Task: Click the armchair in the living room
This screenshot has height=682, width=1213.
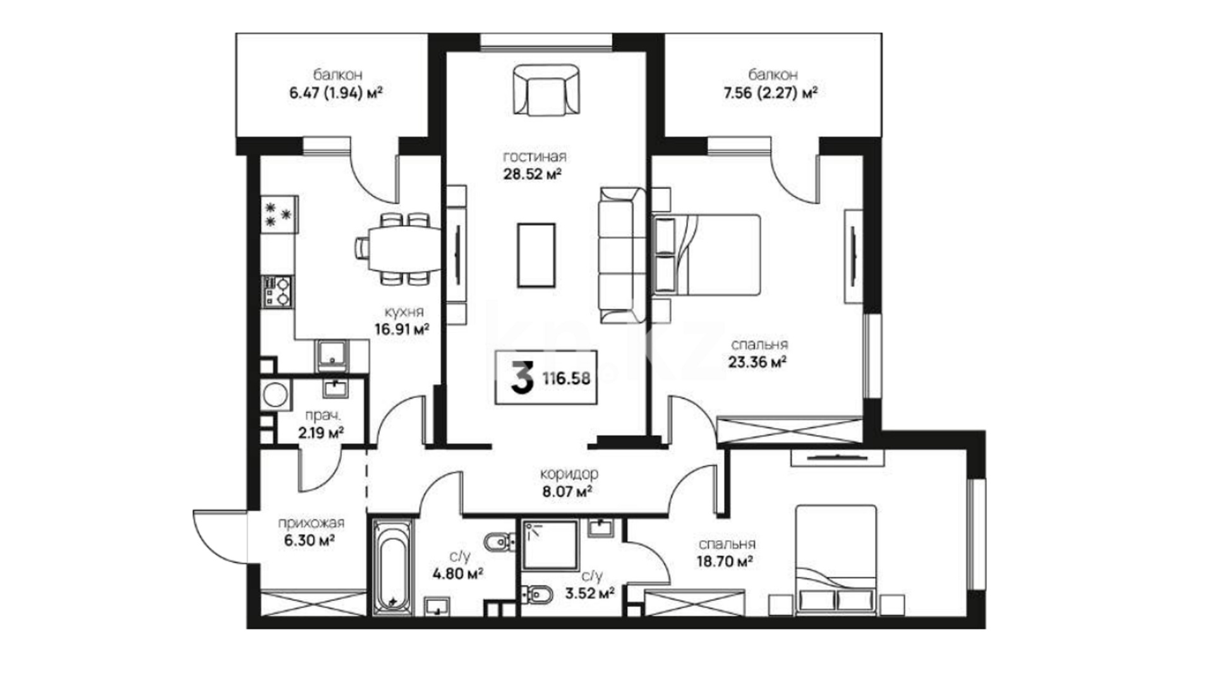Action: pos(546,90)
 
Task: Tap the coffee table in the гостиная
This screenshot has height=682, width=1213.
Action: pos(536,255)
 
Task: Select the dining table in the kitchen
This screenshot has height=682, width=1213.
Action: pos(398,248)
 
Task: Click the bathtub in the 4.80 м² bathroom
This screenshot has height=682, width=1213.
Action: pos(392,566)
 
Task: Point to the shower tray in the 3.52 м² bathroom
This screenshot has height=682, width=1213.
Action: pos(551,546)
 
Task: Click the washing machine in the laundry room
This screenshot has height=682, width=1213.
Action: pos(276,395)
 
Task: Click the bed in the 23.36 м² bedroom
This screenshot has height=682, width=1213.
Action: pos(706,254)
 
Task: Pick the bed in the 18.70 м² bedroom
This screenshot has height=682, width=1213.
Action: pos(836,559)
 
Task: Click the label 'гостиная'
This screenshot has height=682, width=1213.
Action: pos(534,157)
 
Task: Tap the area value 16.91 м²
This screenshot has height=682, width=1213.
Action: pos(402,329)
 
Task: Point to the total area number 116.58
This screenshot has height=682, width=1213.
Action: pos(566,378)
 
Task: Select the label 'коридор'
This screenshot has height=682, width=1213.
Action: pos(569,474)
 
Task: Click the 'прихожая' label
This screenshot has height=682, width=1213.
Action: pos(311,523)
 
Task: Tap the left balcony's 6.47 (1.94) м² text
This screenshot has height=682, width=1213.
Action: pos(336,93)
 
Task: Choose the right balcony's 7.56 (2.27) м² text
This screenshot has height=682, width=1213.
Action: pos(771,93)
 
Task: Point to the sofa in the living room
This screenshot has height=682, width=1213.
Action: pos(622,256)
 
